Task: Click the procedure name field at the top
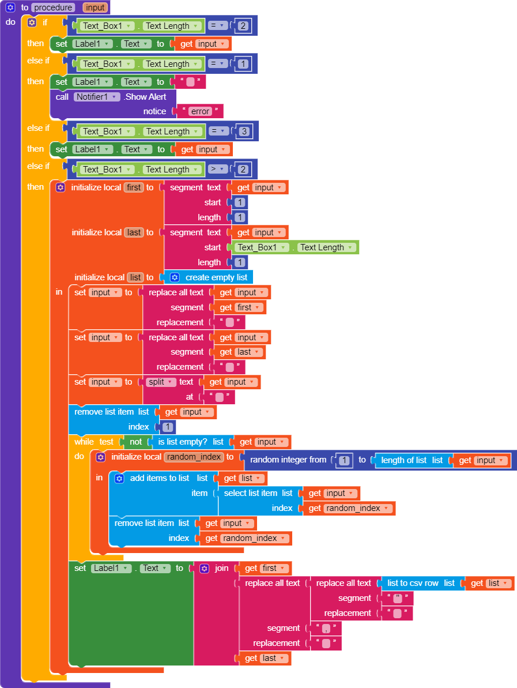click(53, 8)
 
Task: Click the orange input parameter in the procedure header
click(95, 8)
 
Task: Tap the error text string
click(200, 111)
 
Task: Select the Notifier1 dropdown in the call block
click(96, 97)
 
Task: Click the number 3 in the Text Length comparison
click(244, 131)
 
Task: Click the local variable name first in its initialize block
click(134, 187)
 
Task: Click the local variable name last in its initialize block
click(134, 232)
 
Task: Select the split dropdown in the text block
click(161, 382)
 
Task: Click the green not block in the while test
click(135, 442)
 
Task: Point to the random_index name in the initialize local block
click(194, 457)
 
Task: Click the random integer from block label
click(288, 460)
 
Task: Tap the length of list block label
click(404, 460)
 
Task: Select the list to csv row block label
click(413, 583)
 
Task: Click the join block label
click(221, 568)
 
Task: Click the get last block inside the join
click(265, 658)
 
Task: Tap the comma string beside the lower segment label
click(326, 628)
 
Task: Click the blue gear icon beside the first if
click(32, 22)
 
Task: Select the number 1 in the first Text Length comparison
click(243, 64)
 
